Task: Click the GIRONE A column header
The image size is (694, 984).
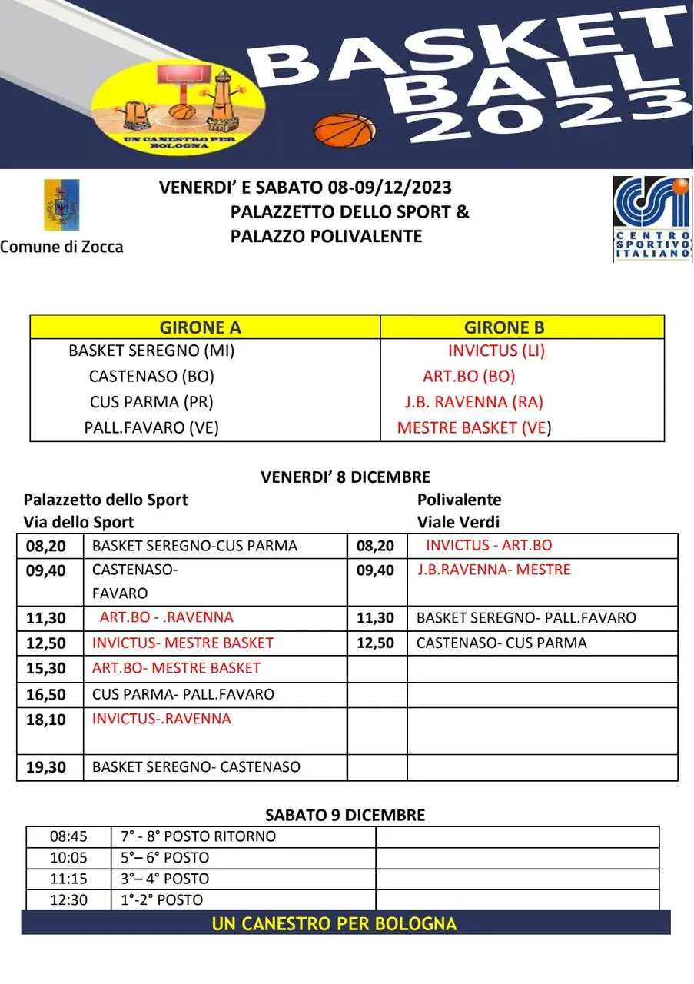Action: pyautogui.click(x=200, y=327)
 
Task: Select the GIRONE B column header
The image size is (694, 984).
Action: pyautogui.click(x=504, y=327)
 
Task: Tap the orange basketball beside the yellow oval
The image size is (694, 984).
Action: pyautogui.click(x=345, y=130)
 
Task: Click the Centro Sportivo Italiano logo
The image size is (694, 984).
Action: pyautogui.click(x=652, y=219)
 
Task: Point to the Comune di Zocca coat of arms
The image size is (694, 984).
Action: pyautogui.click(x=61, y=205)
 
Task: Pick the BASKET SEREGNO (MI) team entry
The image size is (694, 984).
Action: pyautogui.click(x=151, y=351)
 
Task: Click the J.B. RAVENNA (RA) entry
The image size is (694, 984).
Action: pyautogui.click(x=474, y=402)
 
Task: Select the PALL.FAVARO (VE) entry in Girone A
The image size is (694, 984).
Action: pyautogui.click(x=151, y=427)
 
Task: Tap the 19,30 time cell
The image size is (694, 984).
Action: pyautogui.click(x=47, y=766)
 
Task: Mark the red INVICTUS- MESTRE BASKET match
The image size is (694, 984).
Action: pyautogui.click(x=183, y=643)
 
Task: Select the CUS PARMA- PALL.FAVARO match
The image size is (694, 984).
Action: pyautogui.click(x=183, y=694)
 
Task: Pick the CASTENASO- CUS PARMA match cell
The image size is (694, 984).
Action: pyautogui.click(x=501, y=643)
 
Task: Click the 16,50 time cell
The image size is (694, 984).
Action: pyautogui.click(x=47, y=694)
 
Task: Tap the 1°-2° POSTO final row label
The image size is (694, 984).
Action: pyautogui.click(x=162, y=899)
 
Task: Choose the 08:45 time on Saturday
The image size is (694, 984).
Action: pyautogui.click(x=68, y=836)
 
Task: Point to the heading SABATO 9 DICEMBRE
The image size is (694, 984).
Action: pyautogui.click(x=345, y=815)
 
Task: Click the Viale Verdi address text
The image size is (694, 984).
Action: pyautogui.click(x=458, y=523)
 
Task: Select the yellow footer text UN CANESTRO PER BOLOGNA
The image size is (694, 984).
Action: pyautogui.click(x=334, y=923)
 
